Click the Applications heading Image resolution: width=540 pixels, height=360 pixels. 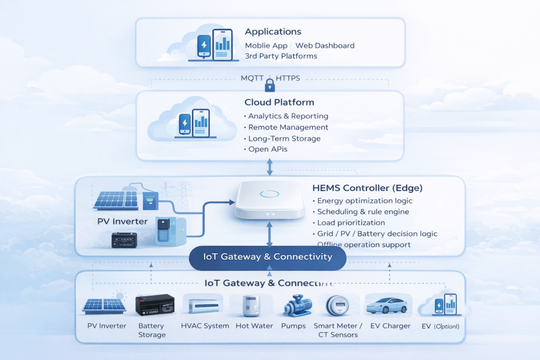273,32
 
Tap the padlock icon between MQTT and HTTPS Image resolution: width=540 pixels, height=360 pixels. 269,84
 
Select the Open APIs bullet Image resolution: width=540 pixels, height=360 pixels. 267,150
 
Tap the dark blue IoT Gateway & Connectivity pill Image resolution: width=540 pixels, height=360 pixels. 267,257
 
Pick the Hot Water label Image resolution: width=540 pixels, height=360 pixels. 254,326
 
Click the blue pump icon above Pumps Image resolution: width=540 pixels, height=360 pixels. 293,306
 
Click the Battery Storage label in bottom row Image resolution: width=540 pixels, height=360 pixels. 152,330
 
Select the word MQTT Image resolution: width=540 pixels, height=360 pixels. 252,78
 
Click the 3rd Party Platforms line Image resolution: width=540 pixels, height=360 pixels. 281,56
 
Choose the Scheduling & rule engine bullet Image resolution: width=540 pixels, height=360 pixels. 356,211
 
